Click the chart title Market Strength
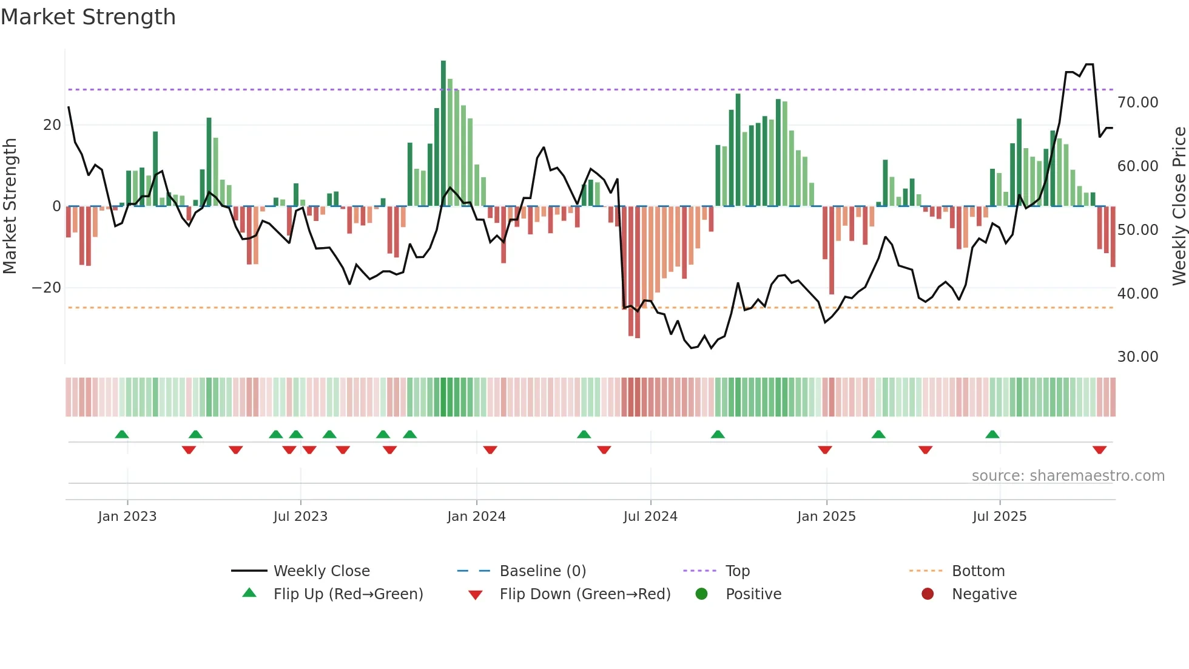pyautogui.click(x=88, y=17)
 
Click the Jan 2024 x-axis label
pyautogui.click(x=476, y=517)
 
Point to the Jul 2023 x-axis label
pyautogui.click(x=300, y=517)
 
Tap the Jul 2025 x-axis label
pyautogui.click(x=999, y=517)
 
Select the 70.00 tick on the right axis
pyautogui.click(x=1137, y=103)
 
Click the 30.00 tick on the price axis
pyautogui.click(x=1137, y=357)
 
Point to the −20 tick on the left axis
pyautogui.click(x=47, y=288)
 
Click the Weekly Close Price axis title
pyautogui.click(x=1179, y=206)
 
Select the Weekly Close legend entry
pyautogui.click(x=321, y=571)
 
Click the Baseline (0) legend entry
pyautogui.click(x=542, y=571)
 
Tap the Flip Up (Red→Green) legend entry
pyautogui.click(x=348, y=594)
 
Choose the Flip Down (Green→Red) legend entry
pyautogui.click(x=585, y=594)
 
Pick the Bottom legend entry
pyautogui.click(x=978, y=571)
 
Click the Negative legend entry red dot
pyautogui.click(x=928, y=594)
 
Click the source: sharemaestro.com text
pyautogui.click(x=1068, y=476)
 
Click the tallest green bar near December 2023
pyautogui.click(x=443, y=134)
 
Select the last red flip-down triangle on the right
pyautogui.click(x=1099, y=450)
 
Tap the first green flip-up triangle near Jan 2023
pyautogui.click(x=122, y=434)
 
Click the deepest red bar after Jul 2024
pyautogui.click(x=638, y=273)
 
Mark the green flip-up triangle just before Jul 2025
pyautogui.click(x=992, y=434)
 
